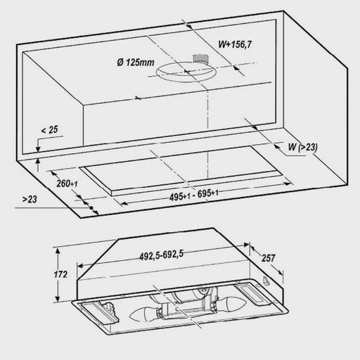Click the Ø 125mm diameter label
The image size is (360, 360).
(136, 63)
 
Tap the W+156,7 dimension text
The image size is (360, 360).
(235, 44)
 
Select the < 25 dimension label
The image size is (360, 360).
(49, 129)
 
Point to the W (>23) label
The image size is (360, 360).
(302, 147)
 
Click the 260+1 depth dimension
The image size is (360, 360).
(67, 184)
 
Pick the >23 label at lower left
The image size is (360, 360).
(30, 199)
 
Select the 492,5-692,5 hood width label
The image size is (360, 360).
(162, 255)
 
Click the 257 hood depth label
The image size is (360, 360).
(268, 258)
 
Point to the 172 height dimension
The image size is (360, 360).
(60, 274)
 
